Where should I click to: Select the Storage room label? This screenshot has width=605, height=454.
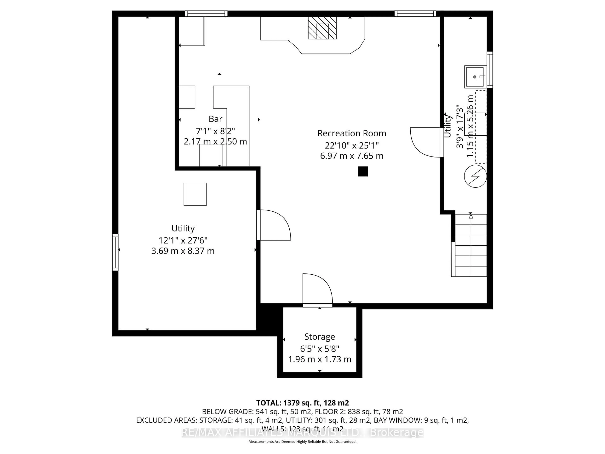coord(320,337)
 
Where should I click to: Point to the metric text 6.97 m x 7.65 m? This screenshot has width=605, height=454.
coord(352,156)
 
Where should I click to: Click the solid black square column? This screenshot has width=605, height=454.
coord(363,171)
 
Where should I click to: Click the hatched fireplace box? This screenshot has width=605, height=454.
coord(322,28)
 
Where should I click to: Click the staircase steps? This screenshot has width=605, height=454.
coord(470,245)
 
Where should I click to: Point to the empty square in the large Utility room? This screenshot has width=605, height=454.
coord(195,194)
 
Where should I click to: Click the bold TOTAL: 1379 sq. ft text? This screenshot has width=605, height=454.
coord(302,403)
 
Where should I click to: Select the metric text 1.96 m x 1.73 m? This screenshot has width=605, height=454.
coord(320,359)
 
